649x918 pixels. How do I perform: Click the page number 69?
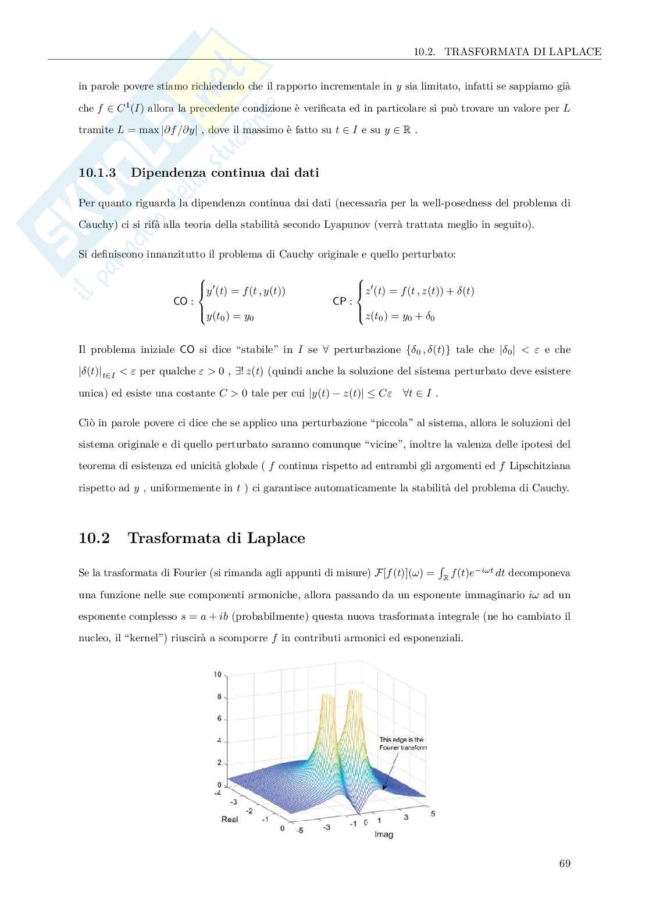tap(564, 863)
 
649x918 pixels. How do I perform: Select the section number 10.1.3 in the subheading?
tap(97, 173)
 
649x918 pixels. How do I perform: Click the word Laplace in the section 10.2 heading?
tap(276, 538)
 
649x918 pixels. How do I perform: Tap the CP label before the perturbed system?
tap(341, 301)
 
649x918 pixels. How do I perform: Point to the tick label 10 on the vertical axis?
tap(217, 674)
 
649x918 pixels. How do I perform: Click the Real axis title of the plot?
tap(230, 819)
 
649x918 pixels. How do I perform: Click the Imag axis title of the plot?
tap(383, 834)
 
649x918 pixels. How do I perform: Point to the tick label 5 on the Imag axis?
tap(433, 813)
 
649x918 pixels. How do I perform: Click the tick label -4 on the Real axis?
tap(217, 792)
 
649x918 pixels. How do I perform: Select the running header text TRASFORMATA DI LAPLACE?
tap(522, 52)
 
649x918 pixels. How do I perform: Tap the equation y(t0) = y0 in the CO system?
tap(230, 317)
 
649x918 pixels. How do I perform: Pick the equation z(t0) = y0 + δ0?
tap(400, 317)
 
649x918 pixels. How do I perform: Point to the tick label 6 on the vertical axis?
tap(219, 719)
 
